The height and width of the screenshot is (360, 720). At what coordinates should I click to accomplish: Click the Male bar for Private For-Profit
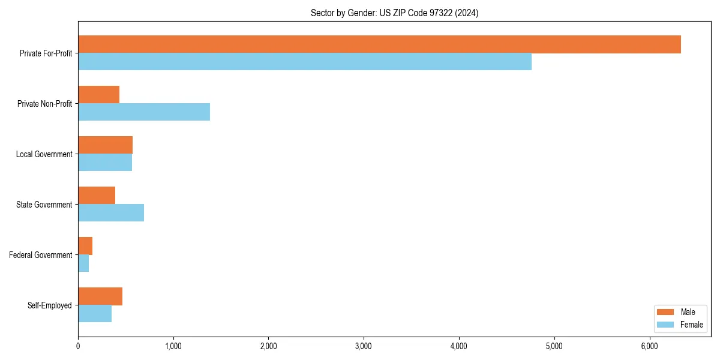[x=379, y=44]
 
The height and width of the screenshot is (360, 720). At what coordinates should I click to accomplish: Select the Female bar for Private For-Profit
[x=305, y=62]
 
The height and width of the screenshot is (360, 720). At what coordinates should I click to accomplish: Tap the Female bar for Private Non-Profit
[x=144, y=112]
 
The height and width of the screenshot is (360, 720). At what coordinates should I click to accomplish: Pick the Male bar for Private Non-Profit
[x=99, y=95]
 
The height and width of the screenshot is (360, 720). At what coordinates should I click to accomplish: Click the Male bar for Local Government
[x=106, y=145]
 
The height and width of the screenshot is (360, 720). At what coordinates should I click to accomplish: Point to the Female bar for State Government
[x=111, y=213]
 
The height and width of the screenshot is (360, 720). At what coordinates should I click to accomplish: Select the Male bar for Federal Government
[x=85, y=246]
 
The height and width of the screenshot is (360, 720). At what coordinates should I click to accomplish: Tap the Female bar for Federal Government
[x=83, y=263]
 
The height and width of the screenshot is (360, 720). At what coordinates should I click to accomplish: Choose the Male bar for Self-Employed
[x=100, y=296]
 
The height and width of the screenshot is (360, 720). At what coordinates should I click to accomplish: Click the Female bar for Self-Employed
[x=95, y=314]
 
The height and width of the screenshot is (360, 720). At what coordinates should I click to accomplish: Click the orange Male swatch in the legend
[x=666, y=312]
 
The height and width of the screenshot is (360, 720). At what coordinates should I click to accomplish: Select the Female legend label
[x=691, y=325]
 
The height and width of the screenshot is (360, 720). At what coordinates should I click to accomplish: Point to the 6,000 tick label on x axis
[x=650, y=346]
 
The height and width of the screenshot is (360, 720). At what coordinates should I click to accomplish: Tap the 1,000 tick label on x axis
[x=173, y=346]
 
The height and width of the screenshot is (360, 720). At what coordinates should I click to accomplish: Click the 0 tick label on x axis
[x=78, y=346]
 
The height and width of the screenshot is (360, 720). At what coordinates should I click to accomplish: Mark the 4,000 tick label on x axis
[x=459, y=346]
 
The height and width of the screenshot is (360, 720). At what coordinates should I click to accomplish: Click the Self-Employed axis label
[x=50, y=305]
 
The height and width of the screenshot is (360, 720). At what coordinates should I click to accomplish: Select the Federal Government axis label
[x=41, y=255]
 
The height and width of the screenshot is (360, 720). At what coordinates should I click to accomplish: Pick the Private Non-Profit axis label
[x=44, y=104]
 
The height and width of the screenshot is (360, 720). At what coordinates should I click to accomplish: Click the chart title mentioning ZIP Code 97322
[x=394, y=13]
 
